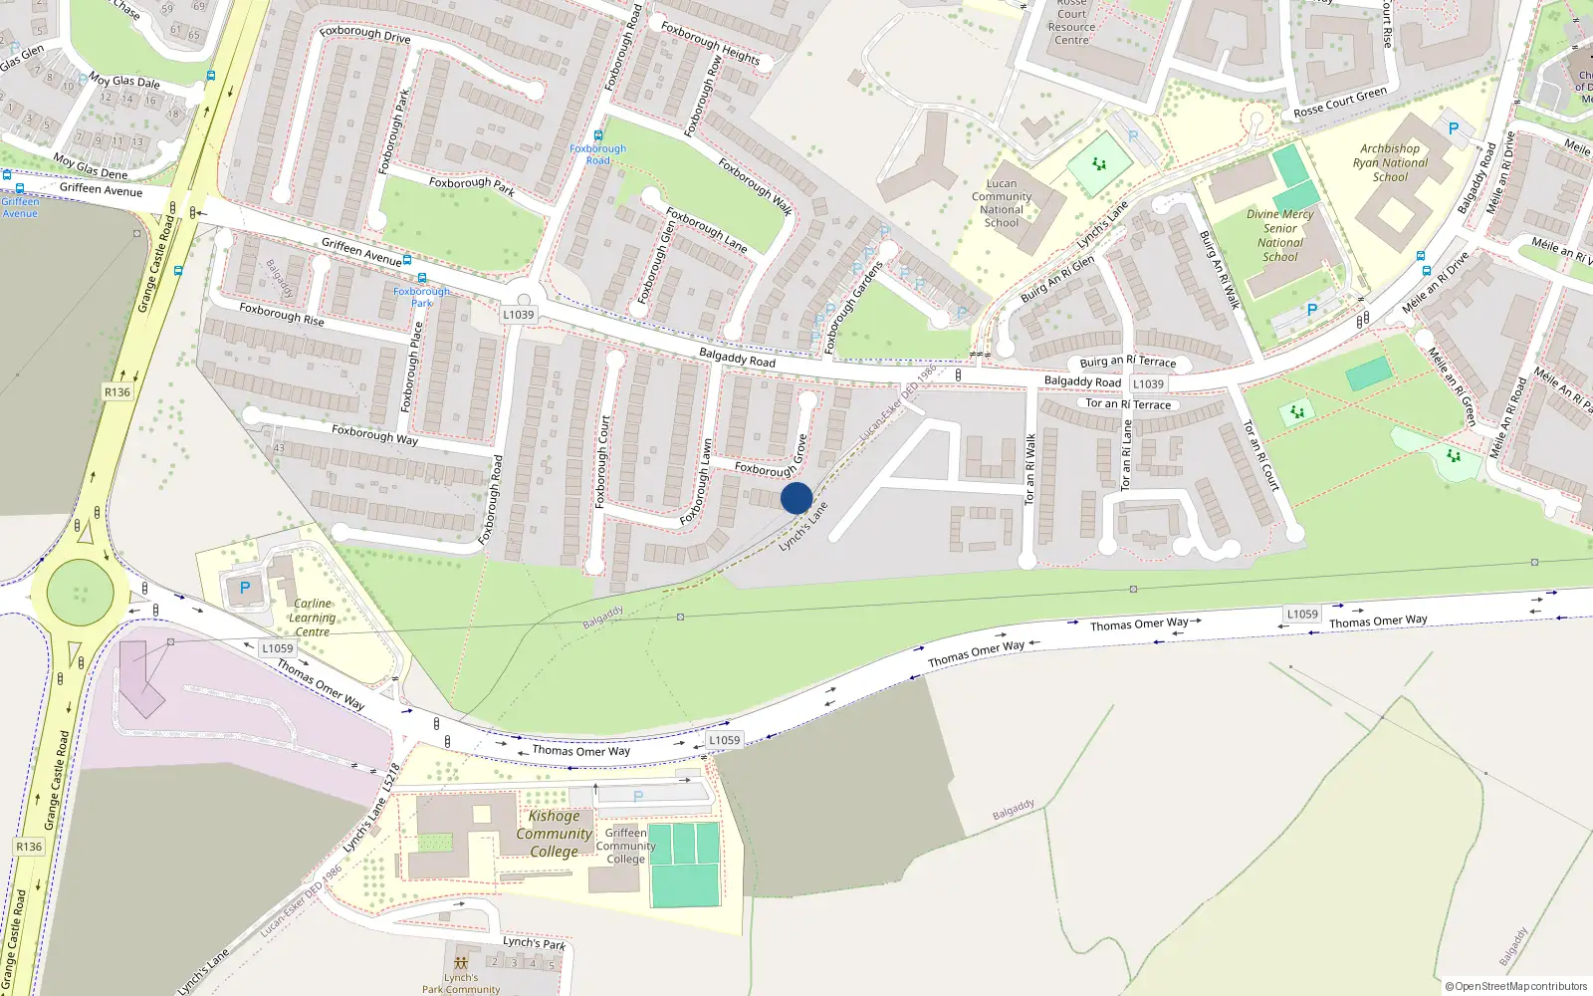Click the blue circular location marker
(796, 498)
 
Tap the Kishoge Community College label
(554, 834)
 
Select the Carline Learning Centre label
(313, 618)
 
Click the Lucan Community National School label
(1002, 203)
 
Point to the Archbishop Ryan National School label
(1390, 163)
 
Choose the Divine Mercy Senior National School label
(1280, 235)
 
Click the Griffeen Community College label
(625, 846)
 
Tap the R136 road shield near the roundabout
(117, 392)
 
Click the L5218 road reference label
(391, 778)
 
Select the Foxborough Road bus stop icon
(597, 135)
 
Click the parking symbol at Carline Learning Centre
(245, 589)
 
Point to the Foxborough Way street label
(374, 434)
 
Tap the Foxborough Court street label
(601, 462)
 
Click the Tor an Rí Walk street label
(1030, 468)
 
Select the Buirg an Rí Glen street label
(1056, 279)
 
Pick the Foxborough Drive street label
(365, 35)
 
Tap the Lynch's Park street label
(534, 942)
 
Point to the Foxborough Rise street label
(282, 315)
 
